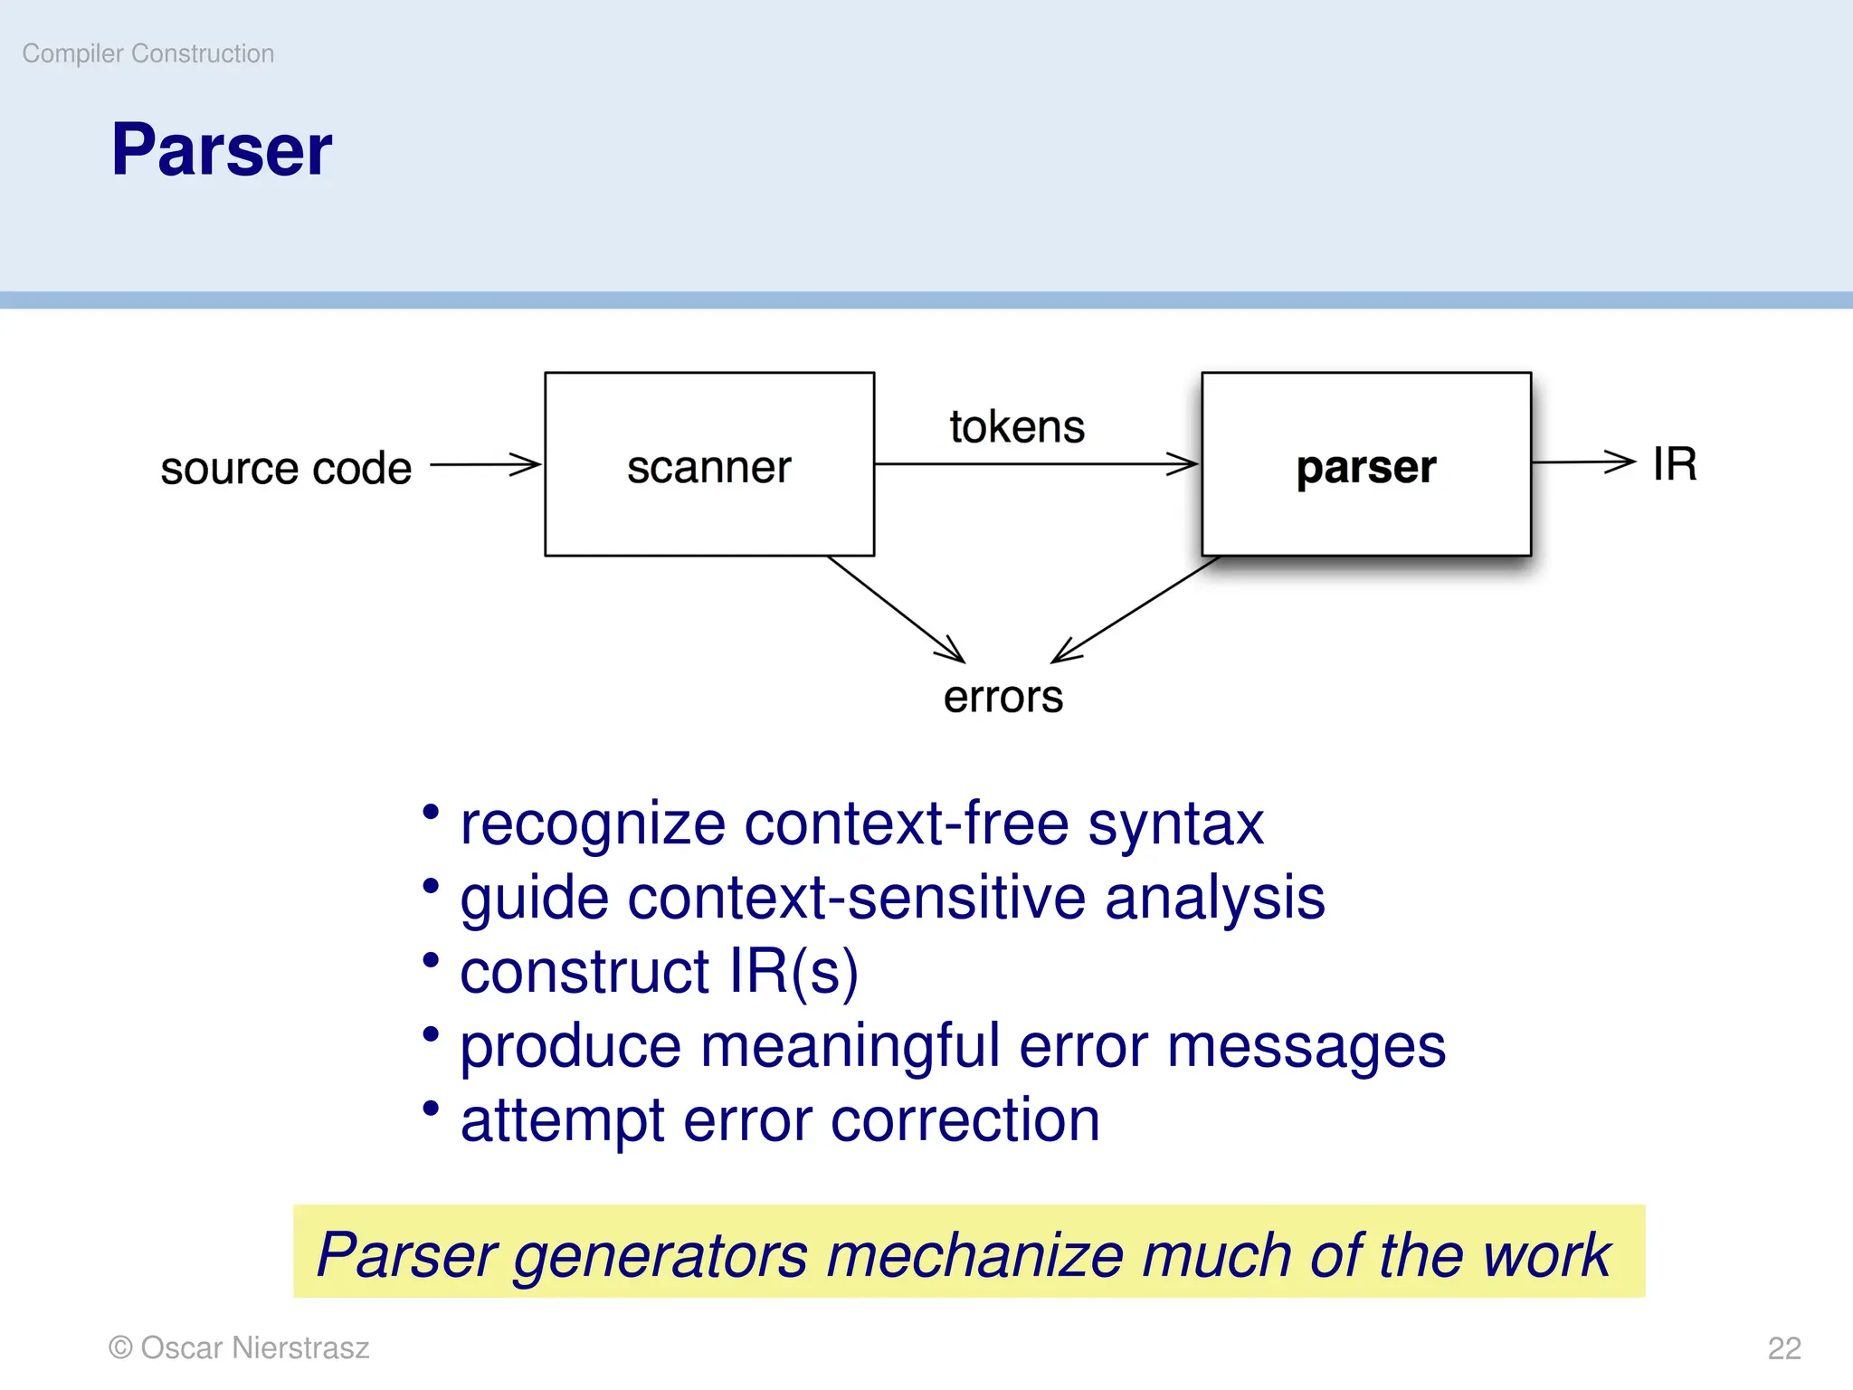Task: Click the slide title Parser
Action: [222, 150]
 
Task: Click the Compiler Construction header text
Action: [148, 53]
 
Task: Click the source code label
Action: [286, 468]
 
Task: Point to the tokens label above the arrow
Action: [1017, 426]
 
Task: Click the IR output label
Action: [1674, 464]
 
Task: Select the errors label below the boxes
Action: [1003, 697]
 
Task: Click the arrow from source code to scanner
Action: [485, 464]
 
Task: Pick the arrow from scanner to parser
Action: [1036, 464]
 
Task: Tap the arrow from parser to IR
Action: [1583, 462]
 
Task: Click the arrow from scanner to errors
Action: [896, 609]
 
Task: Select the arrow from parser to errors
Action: [1136, 609]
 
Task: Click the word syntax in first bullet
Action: [1175, 824]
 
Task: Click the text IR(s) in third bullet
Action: [793, 973]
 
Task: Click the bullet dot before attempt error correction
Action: [431, 1109]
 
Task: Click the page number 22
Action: [1784, 1348]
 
